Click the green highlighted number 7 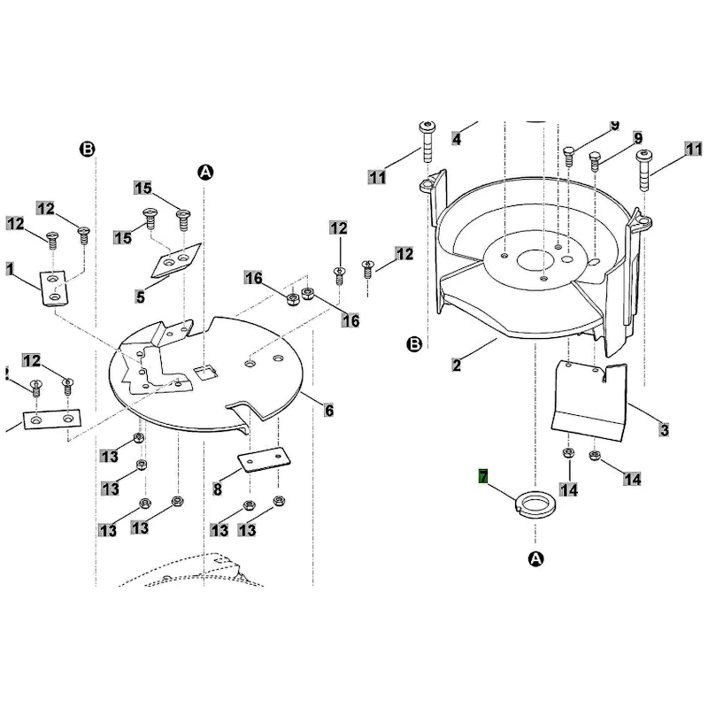tap(483, 476)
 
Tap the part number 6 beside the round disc tap(328, 411)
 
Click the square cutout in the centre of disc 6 tap(205, 373)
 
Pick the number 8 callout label tap(217, 489)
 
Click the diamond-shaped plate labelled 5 tap(175, 260)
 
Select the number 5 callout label tap(140, 297)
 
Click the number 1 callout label tap(10, 269)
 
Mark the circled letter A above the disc tap(205, 172)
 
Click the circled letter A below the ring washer tap(535, 559)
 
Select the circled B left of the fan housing tap(414, 344)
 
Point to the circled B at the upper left tap(87, 149)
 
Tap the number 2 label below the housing tap(457, 365)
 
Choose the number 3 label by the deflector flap tap(664, 429)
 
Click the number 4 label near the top tap(457, 139)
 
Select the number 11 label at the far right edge tap(694, 149)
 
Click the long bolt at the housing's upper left tap(427, 142)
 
